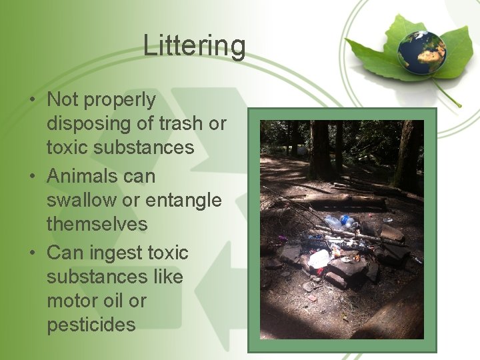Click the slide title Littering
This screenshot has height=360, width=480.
click(x=194, y=46)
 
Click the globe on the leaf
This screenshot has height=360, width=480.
click(x=421, y=52)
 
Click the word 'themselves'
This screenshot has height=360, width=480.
click(x=97, y=224)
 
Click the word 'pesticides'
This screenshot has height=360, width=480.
click(x=91, y=325)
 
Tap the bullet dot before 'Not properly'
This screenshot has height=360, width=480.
click(x=32, y=101)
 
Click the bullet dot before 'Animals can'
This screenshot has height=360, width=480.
click(x=32, y=177)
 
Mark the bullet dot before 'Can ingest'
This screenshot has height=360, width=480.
click(x=32, y=253)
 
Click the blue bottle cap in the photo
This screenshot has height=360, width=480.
click(x=345, y=219)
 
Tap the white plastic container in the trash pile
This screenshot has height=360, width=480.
click(x=319, y=259)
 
